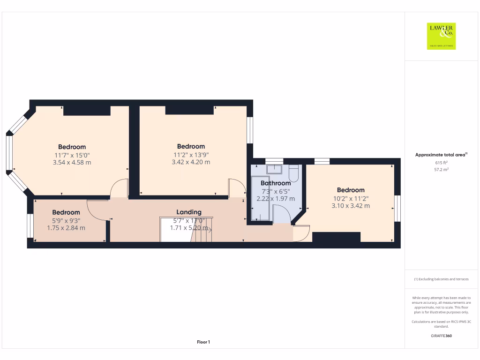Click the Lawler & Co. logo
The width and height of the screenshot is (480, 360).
pos(441,36)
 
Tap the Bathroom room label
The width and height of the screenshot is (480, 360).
pos(276,183)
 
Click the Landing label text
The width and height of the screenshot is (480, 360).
pos(189,212)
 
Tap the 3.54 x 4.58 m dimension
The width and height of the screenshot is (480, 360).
pos(72,163)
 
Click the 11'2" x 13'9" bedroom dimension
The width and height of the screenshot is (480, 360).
pos(191,154)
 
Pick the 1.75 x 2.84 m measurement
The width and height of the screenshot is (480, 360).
pos(66,228)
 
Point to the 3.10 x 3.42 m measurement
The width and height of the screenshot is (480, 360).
pos(351,206)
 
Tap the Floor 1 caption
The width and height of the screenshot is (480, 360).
pos(203,342)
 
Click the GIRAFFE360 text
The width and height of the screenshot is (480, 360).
pos(441,336)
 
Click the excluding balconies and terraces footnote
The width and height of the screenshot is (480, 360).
pos(441,279)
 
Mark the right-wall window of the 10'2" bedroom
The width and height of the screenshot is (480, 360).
pos(397,208)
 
